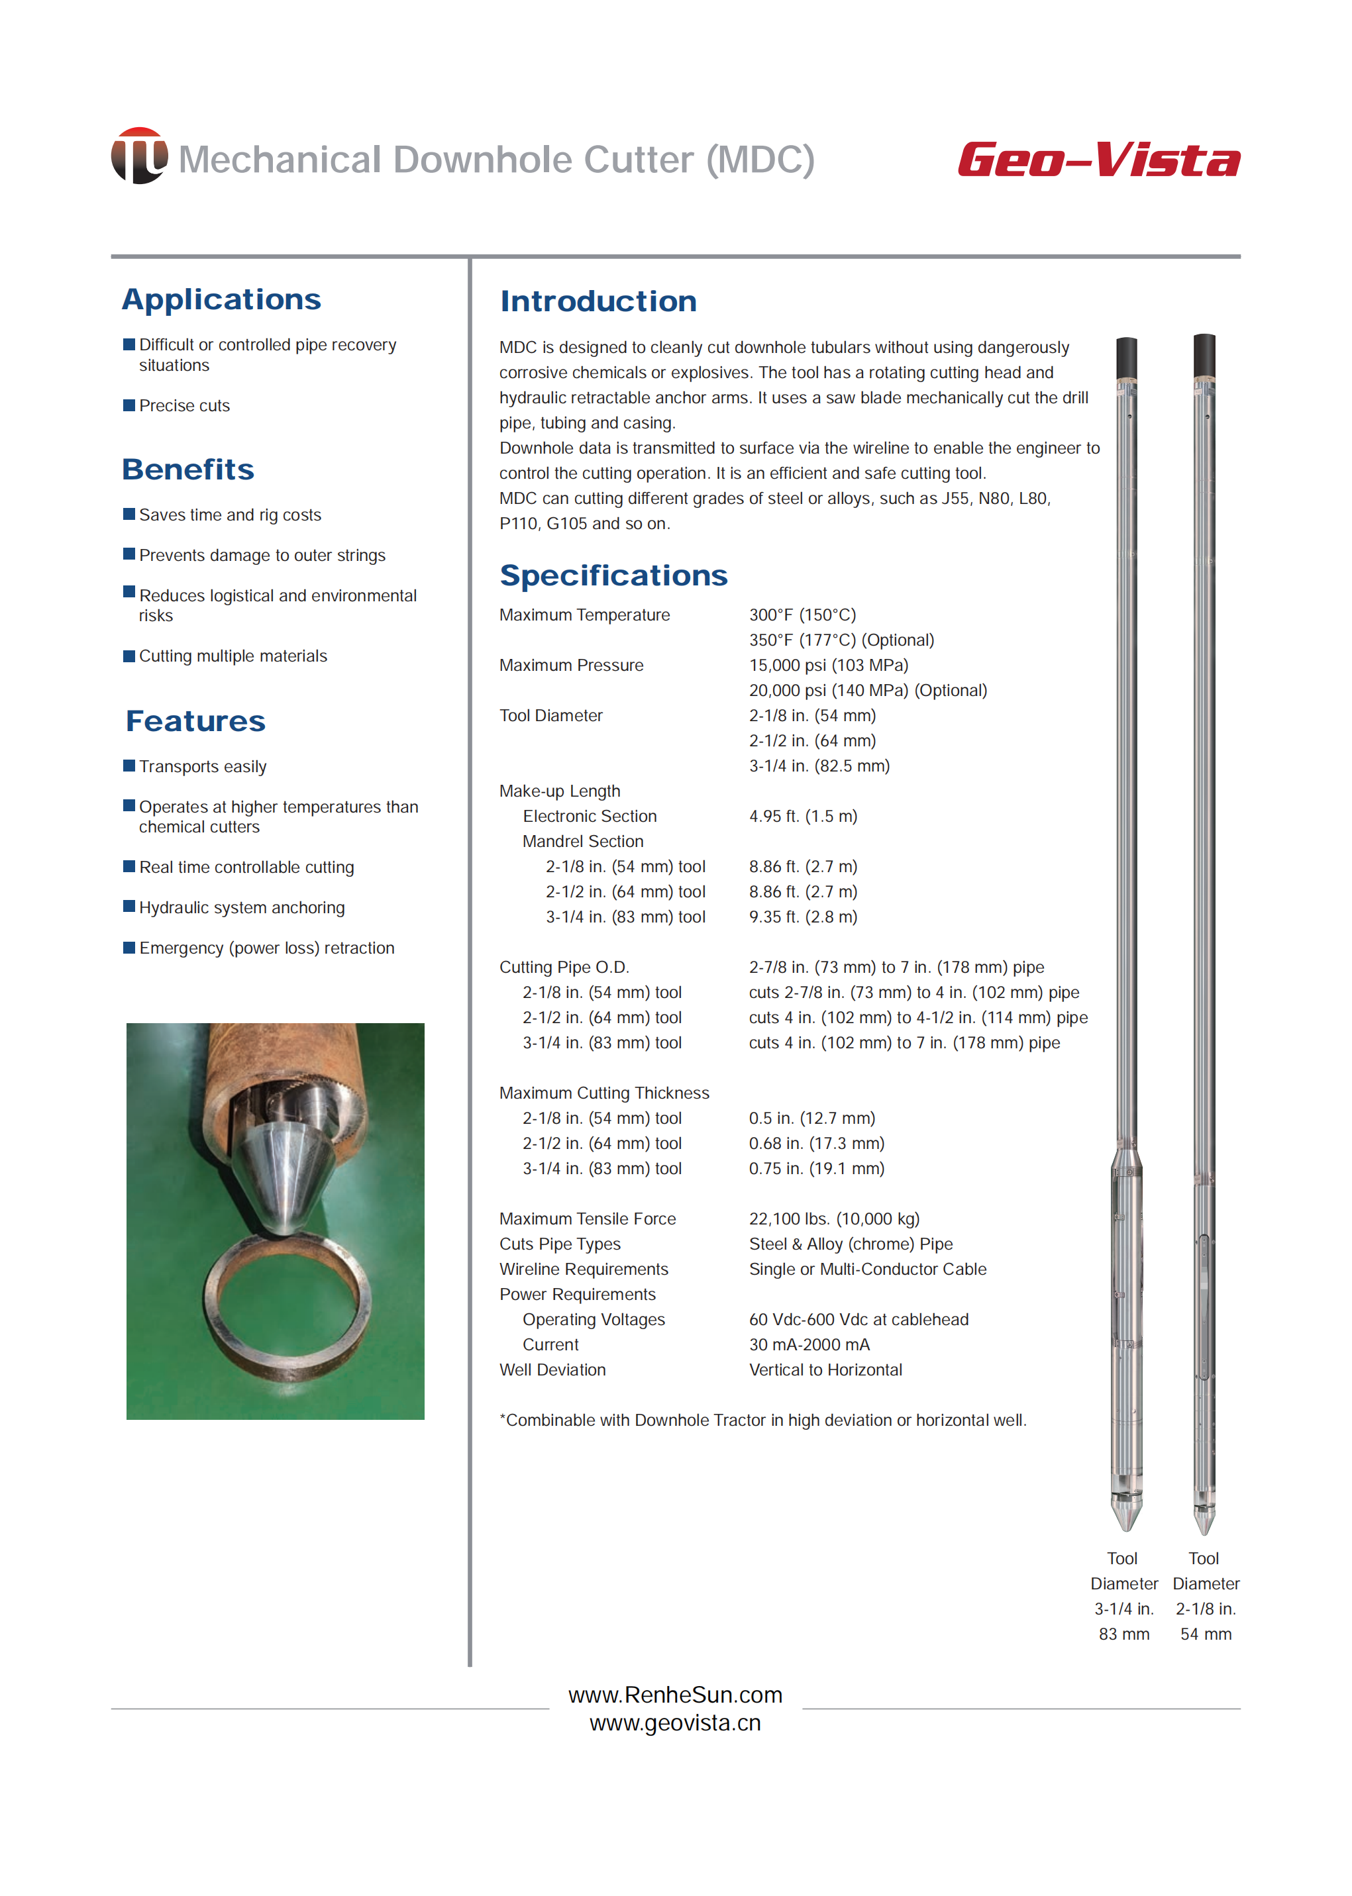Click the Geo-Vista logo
point(1098,159)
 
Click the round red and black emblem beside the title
point(139,156)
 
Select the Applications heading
point(221,299)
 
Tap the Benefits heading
point(188,470)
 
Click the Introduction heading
point(598,301)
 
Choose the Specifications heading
point(613,575)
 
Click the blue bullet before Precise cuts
point(129,405)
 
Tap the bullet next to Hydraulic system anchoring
point(129,907)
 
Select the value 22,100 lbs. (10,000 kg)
point(834,1219)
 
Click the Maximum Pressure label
point(571,665)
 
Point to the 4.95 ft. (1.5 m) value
point(803,816)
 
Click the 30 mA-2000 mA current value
point(809,1344)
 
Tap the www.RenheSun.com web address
point(675,1695)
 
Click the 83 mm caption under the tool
point(1124,1634)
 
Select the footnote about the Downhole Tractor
point(762,1420)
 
